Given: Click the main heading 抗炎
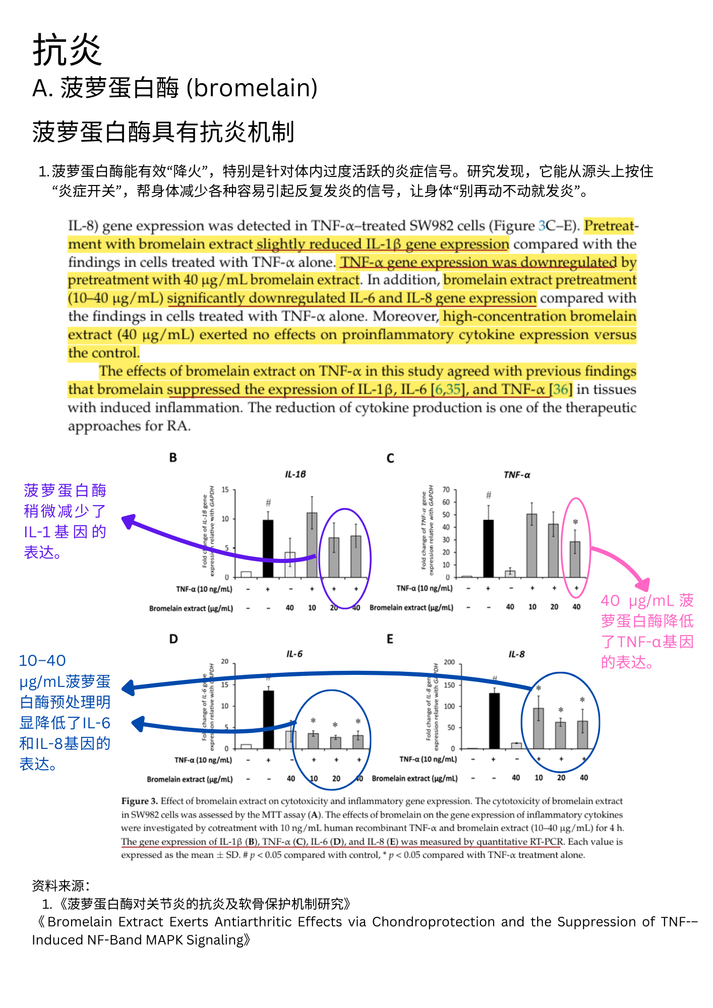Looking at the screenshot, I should click(x=67, y=50).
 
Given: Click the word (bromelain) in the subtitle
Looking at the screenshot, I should click(x=252, y=88).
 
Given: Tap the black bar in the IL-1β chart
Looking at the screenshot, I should click(x=268, y=548).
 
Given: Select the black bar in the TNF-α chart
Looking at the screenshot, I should click(x=488, y=548).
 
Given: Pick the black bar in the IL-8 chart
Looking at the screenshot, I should click(x=494, y=721).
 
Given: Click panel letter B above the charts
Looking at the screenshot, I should click(x=173, y=458).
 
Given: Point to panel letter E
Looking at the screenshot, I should click(x=390, y=639).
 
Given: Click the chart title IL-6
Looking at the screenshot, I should click(x=294, y=654).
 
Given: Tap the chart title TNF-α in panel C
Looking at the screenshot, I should click(x=517, y=475).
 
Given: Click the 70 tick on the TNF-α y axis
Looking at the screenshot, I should click(x=446, y=489).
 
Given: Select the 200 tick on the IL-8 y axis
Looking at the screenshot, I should click(x=449, y=662).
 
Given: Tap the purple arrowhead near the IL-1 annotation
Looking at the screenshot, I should click(x=129, y=521).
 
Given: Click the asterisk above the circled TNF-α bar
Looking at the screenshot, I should click(x=575, y=522).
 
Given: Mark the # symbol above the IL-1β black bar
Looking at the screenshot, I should click(x=268, y=502).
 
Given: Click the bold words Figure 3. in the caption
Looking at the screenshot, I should click(x=140, y=801).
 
